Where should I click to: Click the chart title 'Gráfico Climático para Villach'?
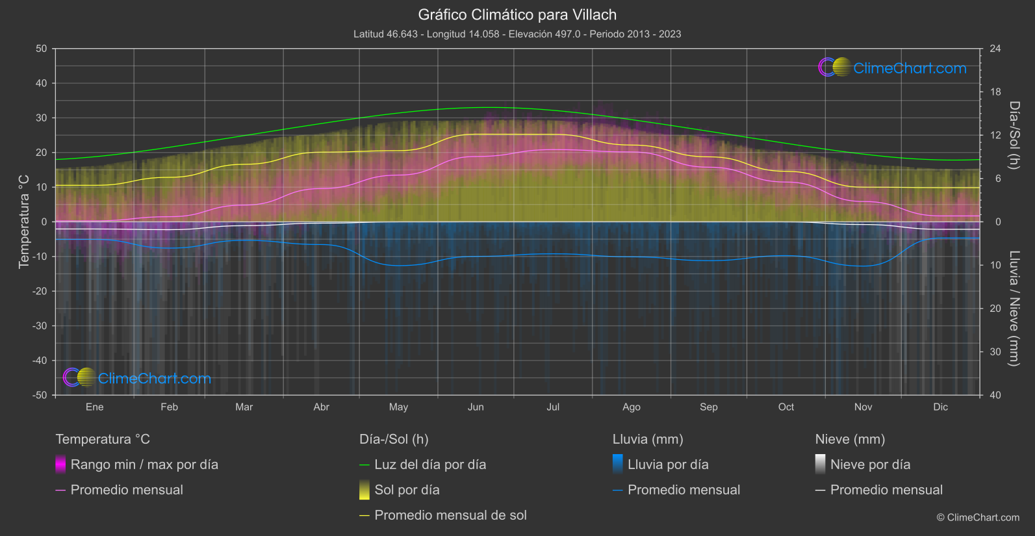tap(517, 14)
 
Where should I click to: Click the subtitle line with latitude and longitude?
tap(517, 34)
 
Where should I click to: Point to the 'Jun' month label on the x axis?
tap(476, 407)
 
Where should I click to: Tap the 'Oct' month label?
tap(786, 407)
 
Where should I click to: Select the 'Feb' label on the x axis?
tap(169, 407)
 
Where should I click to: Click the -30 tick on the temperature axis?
tap(40, 325)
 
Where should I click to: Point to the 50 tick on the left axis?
tap(42, 49)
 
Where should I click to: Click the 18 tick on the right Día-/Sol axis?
tap(995, 92)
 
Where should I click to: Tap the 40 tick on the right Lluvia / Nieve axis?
tap(995, 395)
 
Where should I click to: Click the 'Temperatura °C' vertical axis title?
tap(24, 222)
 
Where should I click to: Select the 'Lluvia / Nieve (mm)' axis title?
tap(1014, 309)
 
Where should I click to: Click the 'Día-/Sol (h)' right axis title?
tap(1014, 135)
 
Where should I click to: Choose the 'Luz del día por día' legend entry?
tap(429, 465)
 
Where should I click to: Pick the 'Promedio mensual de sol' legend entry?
tap(450, 515)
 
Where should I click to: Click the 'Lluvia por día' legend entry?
tap(667, 465)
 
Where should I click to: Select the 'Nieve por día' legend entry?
tap(870, 465)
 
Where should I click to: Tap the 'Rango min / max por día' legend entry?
tap(144, 465)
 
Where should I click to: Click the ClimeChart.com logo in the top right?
tap(893, 68)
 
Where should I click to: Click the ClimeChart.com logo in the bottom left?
tap(137, 378)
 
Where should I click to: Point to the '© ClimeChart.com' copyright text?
tap(978, 517)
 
